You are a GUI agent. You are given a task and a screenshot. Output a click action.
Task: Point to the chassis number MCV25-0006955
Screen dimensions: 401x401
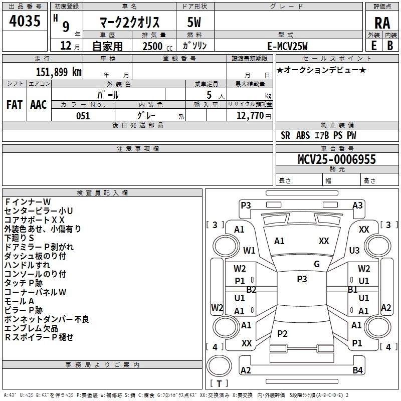click(x=336, y=159)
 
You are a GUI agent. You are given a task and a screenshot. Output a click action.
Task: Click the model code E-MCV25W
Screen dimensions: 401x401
click(x=288, y=46)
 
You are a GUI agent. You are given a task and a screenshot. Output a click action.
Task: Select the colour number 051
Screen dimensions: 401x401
click(x=83, y=116)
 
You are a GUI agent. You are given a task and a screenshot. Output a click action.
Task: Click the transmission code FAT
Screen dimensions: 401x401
click(x=14, y=104)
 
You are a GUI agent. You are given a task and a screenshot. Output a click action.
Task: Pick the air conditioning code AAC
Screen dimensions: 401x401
click(x=39, y=104)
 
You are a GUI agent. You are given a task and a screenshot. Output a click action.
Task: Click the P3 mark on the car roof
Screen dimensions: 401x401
click(x=302, y=279)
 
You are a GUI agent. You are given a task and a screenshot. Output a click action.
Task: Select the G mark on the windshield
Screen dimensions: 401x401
click(x=317, y=264)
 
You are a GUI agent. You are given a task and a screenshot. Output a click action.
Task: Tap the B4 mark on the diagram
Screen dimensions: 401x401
click(x=357, y=370)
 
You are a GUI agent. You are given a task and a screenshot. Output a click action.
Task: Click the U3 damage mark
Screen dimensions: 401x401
click(x=354, y=250)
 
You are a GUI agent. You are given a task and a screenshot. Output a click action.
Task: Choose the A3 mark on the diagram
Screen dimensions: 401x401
click(x=357, y=205)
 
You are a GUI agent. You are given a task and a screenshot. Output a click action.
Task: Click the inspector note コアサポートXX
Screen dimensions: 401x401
click(x=35, y=220)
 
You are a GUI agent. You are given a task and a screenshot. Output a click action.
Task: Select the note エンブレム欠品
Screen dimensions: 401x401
click(x=31, y=328)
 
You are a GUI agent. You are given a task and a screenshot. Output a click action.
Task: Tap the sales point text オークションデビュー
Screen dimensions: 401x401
click(x=321, y=70)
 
